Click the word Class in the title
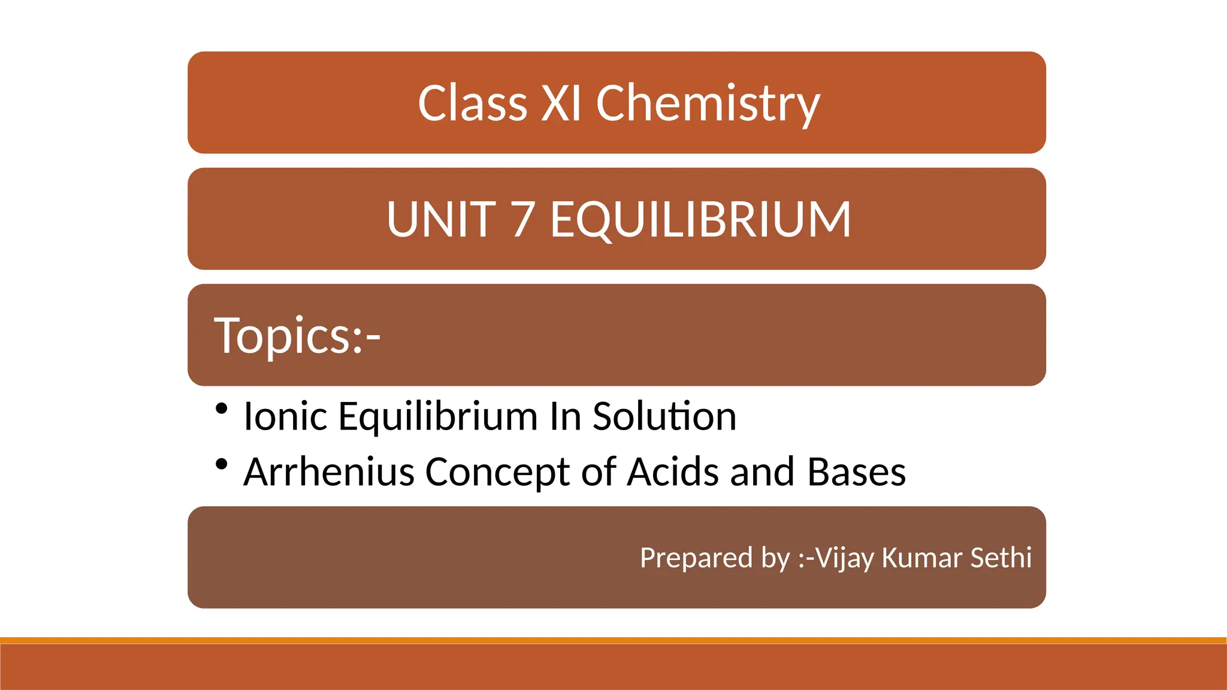(x=472, y=103)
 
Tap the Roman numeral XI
(x=561, y=103)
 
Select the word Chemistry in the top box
(x=708, y=104)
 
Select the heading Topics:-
(x=297, y=335)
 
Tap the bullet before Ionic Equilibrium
(x=222, y=408)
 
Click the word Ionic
(x=286, y=416)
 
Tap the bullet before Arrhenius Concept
(x=222, y=464)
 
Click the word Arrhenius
(x=329, y=472)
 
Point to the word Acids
(x=673, y=472)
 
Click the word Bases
(x=856, y=472)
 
